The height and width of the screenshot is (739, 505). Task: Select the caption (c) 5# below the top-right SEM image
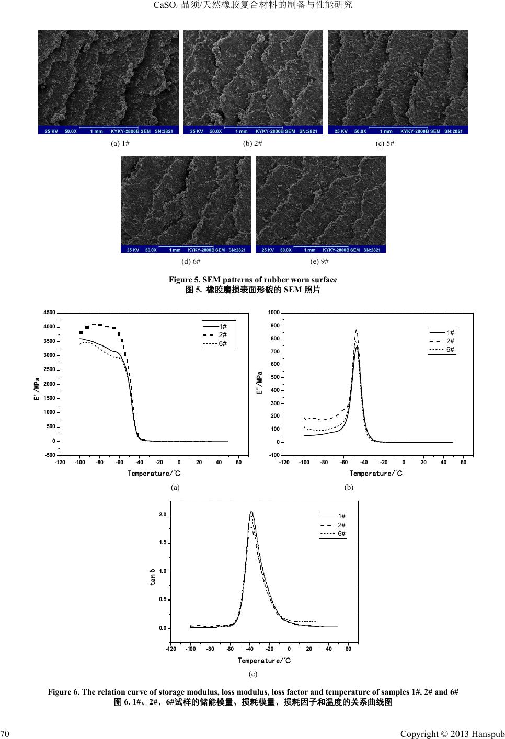[385, 143]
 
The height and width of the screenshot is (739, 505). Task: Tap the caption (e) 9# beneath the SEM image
[319, 261]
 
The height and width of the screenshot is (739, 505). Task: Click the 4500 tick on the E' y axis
[49, 313]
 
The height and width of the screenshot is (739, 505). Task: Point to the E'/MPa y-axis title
[37, 389]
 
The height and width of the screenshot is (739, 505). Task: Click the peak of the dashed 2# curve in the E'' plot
[356, 330]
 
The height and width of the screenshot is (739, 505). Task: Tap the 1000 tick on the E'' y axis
[273, 313]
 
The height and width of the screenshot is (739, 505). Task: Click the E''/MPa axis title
[260, 384]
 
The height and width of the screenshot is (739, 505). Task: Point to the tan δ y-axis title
[153, 576]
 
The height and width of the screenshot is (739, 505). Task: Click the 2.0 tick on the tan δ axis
[163, 515]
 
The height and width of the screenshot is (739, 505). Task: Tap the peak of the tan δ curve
[251, 511]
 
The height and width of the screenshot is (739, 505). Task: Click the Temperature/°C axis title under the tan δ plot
[265, 660]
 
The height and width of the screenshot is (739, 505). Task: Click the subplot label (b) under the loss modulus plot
[349, 487]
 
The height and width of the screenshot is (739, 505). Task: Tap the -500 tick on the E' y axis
[50, 455]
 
